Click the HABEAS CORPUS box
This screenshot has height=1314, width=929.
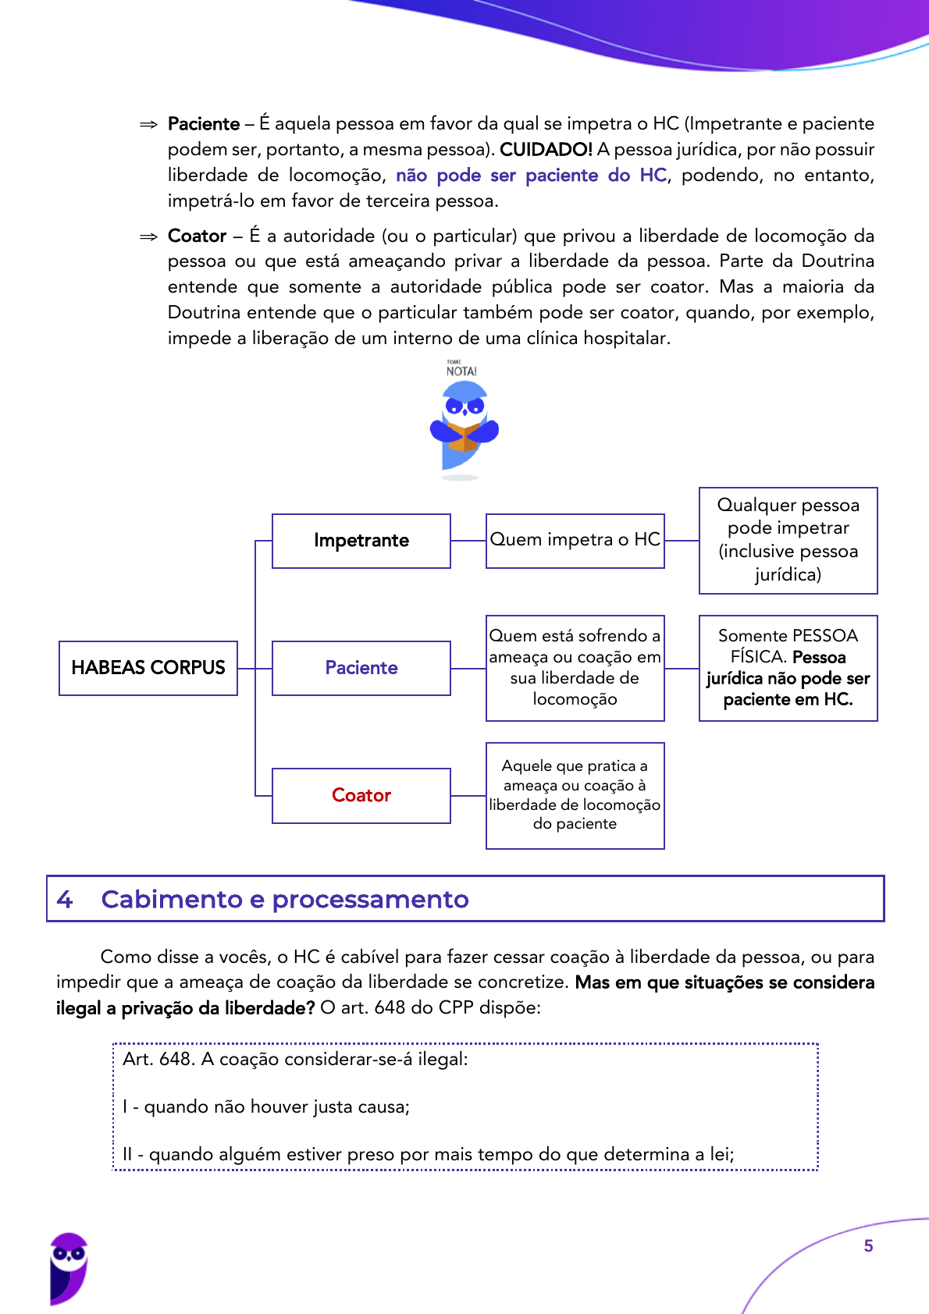(x=148, y=668)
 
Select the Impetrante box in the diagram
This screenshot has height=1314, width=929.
(x=361, y=541)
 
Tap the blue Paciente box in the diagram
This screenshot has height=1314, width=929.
(x=361, y=668)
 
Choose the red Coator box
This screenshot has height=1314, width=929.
(x=361, y=795)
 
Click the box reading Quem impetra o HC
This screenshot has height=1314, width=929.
(x=575, y=540)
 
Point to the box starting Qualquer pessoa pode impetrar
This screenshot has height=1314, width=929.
(x=788, y=540)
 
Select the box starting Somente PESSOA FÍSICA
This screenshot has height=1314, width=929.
(x=788, y=668)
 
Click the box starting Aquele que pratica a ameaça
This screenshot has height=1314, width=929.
(x=575, y=795)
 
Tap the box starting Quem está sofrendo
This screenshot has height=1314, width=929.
(x=575, y=668)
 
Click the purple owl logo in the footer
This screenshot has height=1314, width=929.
(x=69, y=1268)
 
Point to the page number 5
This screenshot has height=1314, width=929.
(x=868, y=1246)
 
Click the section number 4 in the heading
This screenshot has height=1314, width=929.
(x=65, y=900)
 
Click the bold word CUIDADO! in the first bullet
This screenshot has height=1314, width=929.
(x=546, y=149)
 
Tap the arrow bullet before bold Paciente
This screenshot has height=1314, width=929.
(x=148, y=125)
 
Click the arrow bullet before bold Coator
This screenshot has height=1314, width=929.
(x=148, y=237)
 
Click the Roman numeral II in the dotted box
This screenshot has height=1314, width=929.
(x=127, y=1154)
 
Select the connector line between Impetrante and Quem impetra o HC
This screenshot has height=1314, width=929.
(x=468, y=541)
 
